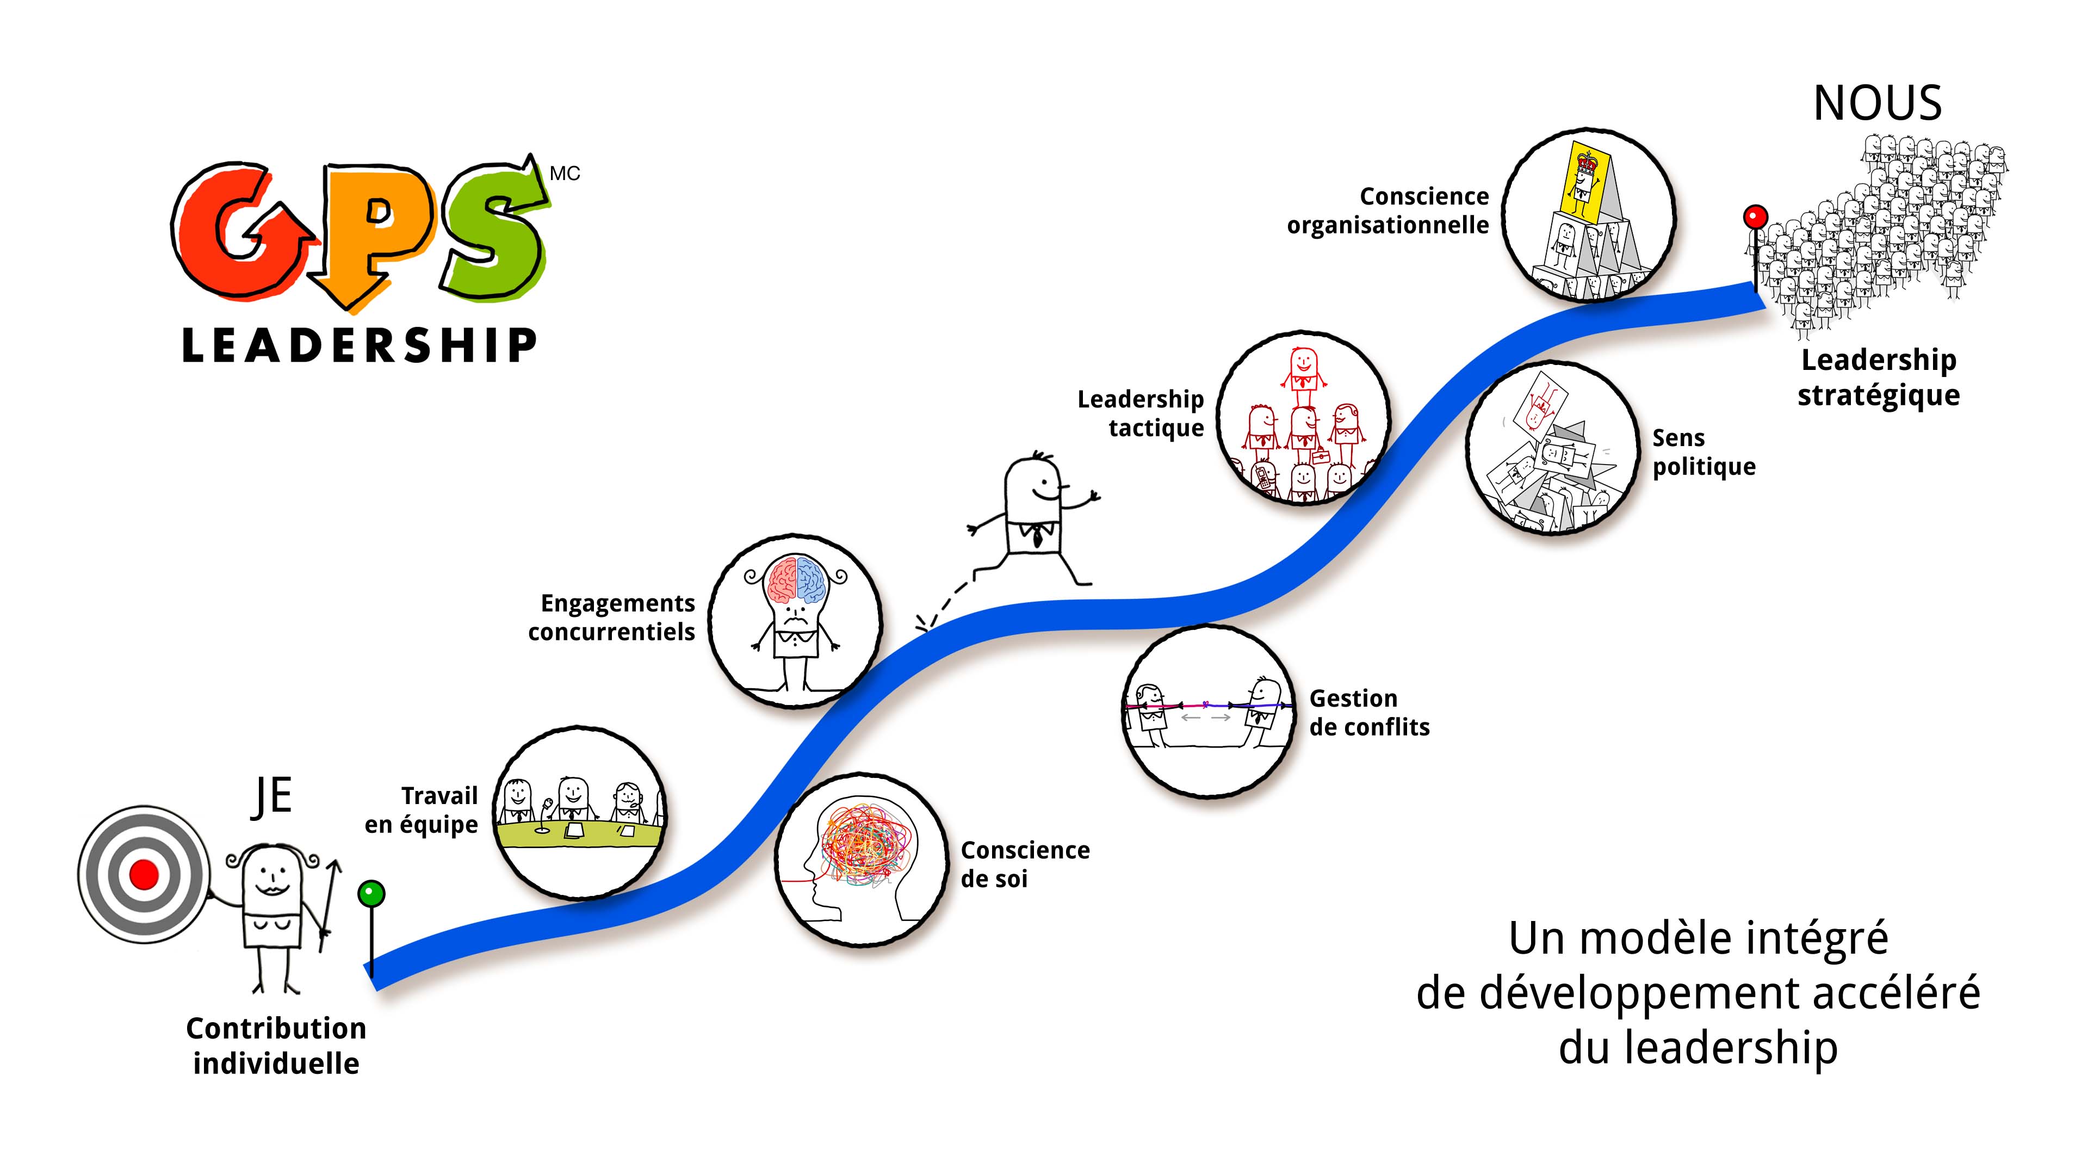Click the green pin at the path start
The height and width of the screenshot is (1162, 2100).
[371, 894]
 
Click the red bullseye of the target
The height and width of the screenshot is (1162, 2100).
[144, 874]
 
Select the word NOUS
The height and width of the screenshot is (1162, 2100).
[1876, 104]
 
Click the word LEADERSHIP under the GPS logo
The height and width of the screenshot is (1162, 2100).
[358, 346]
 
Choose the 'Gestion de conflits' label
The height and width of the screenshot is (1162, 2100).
[1369, 713]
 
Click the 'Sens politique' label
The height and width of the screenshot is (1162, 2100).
[1703, 453]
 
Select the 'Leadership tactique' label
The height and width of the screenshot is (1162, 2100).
[1141, 413]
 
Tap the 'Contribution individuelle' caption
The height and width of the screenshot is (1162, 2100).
[276, 1046]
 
